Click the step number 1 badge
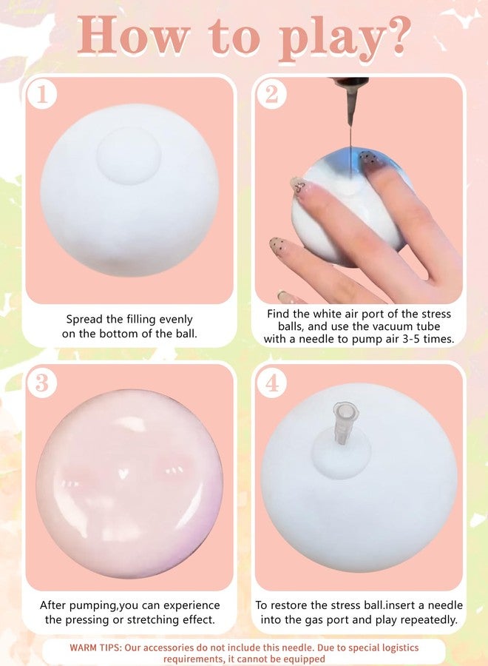tap(42, 94)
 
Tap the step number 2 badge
tap(271, 94)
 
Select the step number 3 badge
tap(42, 383)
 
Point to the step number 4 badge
tap(271, 383)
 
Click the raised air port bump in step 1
tap(129, 155)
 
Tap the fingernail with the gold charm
tap(299, 186)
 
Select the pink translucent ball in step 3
tap(130, 483)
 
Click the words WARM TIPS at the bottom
tap(95, 647)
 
